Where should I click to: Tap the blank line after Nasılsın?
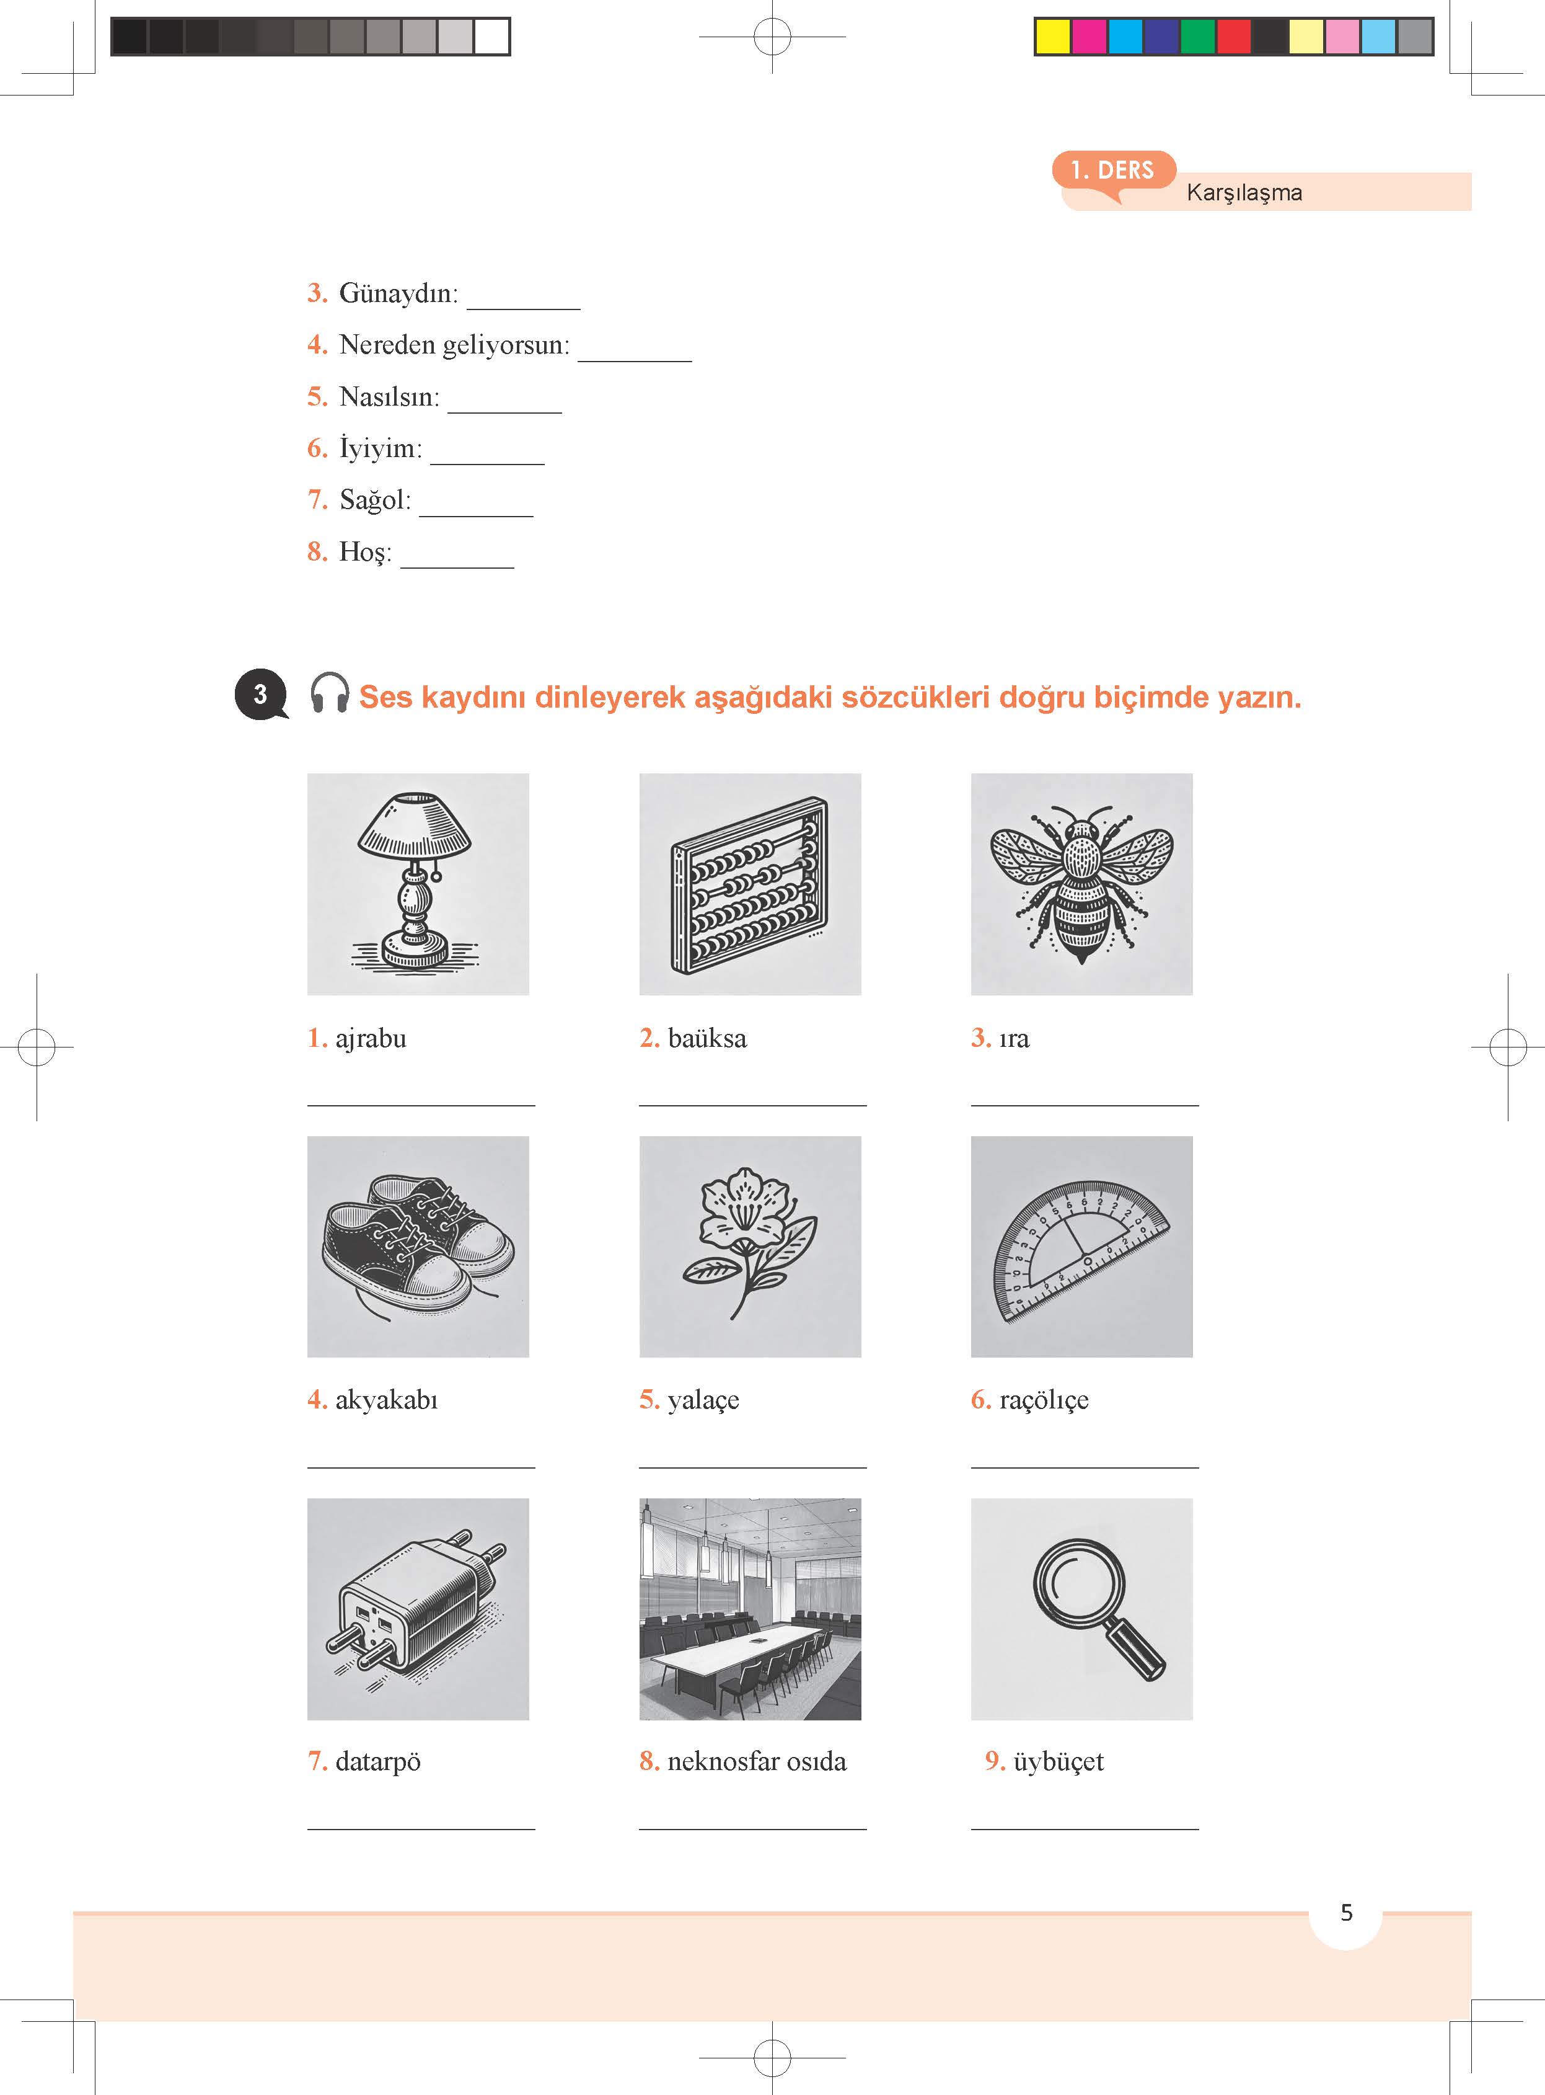pyautogui.click(x=505, y=412)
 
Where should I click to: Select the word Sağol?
pyautogui.click(x=375, y=500)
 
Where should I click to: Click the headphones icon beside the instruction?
pyautogui.click(x=329, y=693)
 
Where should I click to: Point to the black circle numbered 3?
pyautogui.click(x=261, y=694)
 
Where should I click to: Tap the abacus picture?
pyautogui.click(x=750, y=884)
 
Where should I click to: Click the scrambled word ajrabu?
pyautogui.click(x=371, y=1039)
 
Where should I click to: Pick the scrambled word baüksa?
pyautogui.click(x=707, y=1039)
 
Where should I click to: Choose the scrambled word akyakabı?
pyautogui.click(x=386, y=1401)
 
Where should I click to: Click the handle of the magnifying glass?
pyautogui.click(x=1135, y=1652)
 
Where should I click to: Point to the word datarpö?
pyautogui.click(x=378, y=1762)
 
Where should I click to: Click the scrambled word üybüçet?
pyautogui.click(x=1059, y=1762)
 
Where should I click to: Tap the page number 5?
pyautogui.click(x=1347, y=1913)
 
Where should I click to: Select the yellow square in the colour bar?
pyautogui.click(x=1053, y=37)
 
